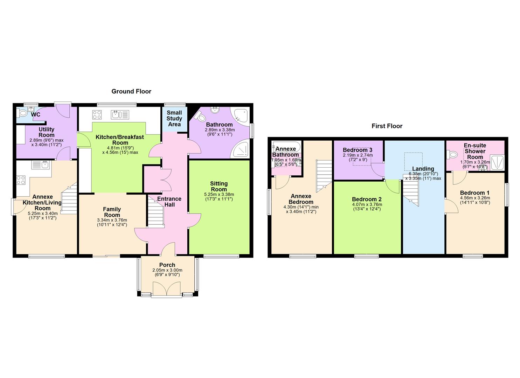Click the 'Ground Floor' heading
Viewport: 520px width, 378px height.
pos(131,91)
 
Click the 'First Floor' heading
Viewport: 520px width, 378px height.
pos(387,126)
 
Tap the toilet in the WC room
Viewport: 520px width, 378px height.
pos(23,113)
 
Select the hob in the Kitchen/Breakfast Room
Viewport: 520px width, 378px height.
pos(97,114)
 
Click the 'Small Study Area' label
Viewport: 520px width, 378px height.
pos(174,118)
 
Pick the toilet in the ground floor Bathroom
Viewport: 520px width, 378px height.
pos(202,117)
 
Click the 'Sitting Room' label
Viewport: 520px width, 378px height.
pos(219,186)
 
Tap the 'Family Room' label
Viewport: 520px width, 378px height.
pos(112,212)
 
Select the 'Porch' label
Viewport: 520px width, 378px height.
pos(167,265)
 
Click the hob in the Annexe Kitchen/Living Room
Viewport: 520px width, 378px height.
pos(21,180)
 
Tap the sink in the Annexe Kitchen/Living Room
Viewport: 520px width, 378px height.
pos(41,164)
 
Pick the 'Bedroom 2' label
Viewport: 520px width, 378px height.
pos(367,199)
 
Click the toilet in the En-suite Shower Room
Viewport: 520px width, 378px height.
pos(452,154)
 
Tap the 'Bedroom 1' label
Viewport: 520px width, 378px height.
pos(474,193)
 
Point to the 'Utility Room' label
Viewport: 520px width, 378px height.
pos(47,132)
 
